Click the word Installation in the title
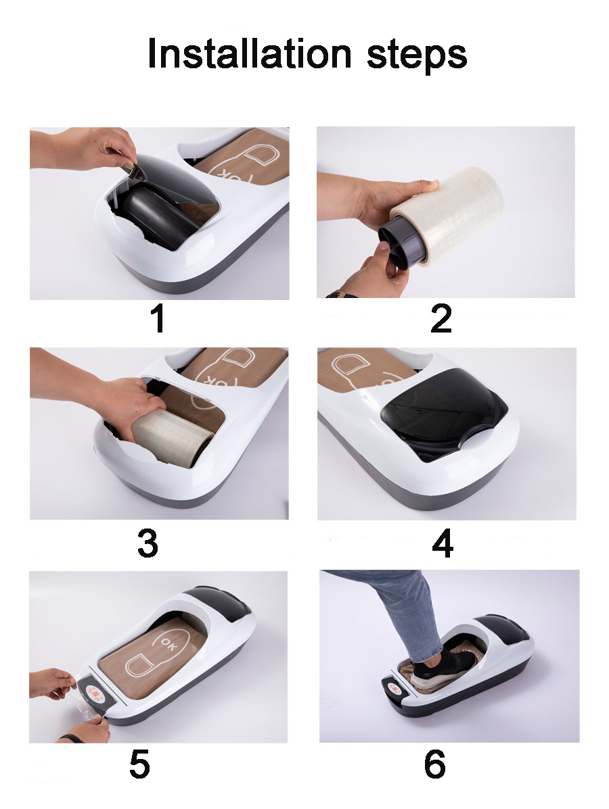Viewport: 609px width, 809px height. tap(250, 53)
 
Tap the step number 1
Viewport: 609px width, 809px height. tap(158, 319)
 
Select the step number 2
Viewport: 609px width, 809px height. tap(441, 319)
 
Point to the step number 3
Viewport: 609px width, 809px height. tap(148, 543)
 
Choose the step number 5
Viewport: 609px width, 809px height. tap(139, 764)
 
